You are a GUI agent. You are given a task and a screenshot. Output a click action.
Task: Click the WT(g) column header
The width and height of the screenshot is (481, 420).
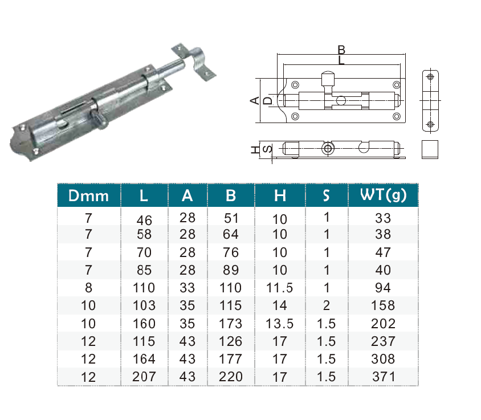383,195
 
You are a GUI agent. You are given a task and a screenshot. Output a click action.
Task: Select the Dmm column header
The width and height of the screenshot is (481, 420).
88,195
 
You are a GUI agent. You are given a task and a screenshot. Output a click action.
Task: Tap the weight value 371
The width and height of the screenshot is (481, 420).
383,377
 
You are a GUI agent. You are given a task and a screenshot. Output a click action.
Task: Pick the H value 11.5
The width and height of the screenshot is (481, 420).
279,288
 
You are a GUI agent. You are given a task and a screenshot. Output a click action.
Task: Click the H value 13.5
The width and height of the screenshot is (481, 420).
279,324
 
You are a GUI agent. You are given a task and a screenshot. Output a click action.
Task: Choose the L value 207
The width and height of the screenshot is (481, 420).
144,377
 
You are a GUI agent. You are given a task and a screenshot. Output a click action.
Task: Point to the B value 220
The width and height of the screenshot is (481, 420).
231,377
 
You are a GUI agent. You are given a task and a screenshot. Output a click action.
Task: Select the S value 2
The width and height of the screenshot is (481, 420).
327,305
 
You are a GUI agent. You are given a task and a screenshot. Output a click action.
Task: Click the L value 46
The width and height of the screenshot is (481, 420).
144,221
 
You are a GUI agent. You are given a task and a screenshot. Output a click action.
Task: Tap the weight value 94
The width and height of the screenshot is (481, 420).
383,288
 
